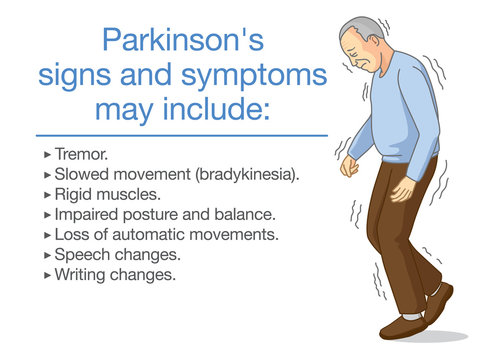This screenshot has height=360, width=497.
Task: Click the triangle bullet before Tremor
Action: click(48, 157)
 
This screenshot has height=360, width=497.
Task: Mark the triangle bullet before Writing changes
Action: click(48, 273)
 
